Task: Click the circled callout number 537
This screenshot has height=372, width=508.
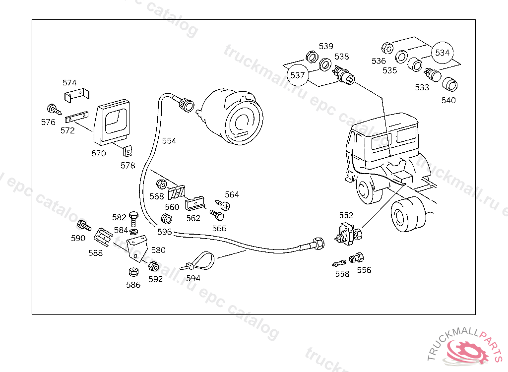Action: coord(297,75)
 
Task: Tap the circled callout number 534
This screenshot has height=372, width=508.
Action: coord(443,53)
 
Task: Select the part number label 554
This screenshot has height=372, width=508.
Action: coord(169,141)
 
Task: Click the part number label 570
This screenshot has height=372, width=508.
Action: coord(99,153)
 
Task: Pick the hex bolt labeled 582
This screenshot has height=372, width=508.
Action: coord(132,216)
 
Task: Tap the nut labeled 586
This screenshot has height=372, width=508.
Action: coord(133,272)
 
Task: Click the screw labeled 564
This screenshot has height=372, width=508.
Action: coord(223,204)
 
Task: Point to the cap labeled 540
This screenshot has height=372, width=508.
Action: coord(450,85)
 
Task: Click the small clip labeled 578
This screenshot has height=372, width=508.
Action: coord(127,150)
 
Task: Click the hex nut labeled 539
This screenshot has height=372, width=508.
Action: coord(312,57)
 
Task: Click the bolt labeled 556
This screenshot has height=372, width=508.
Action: coord(356,258)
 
